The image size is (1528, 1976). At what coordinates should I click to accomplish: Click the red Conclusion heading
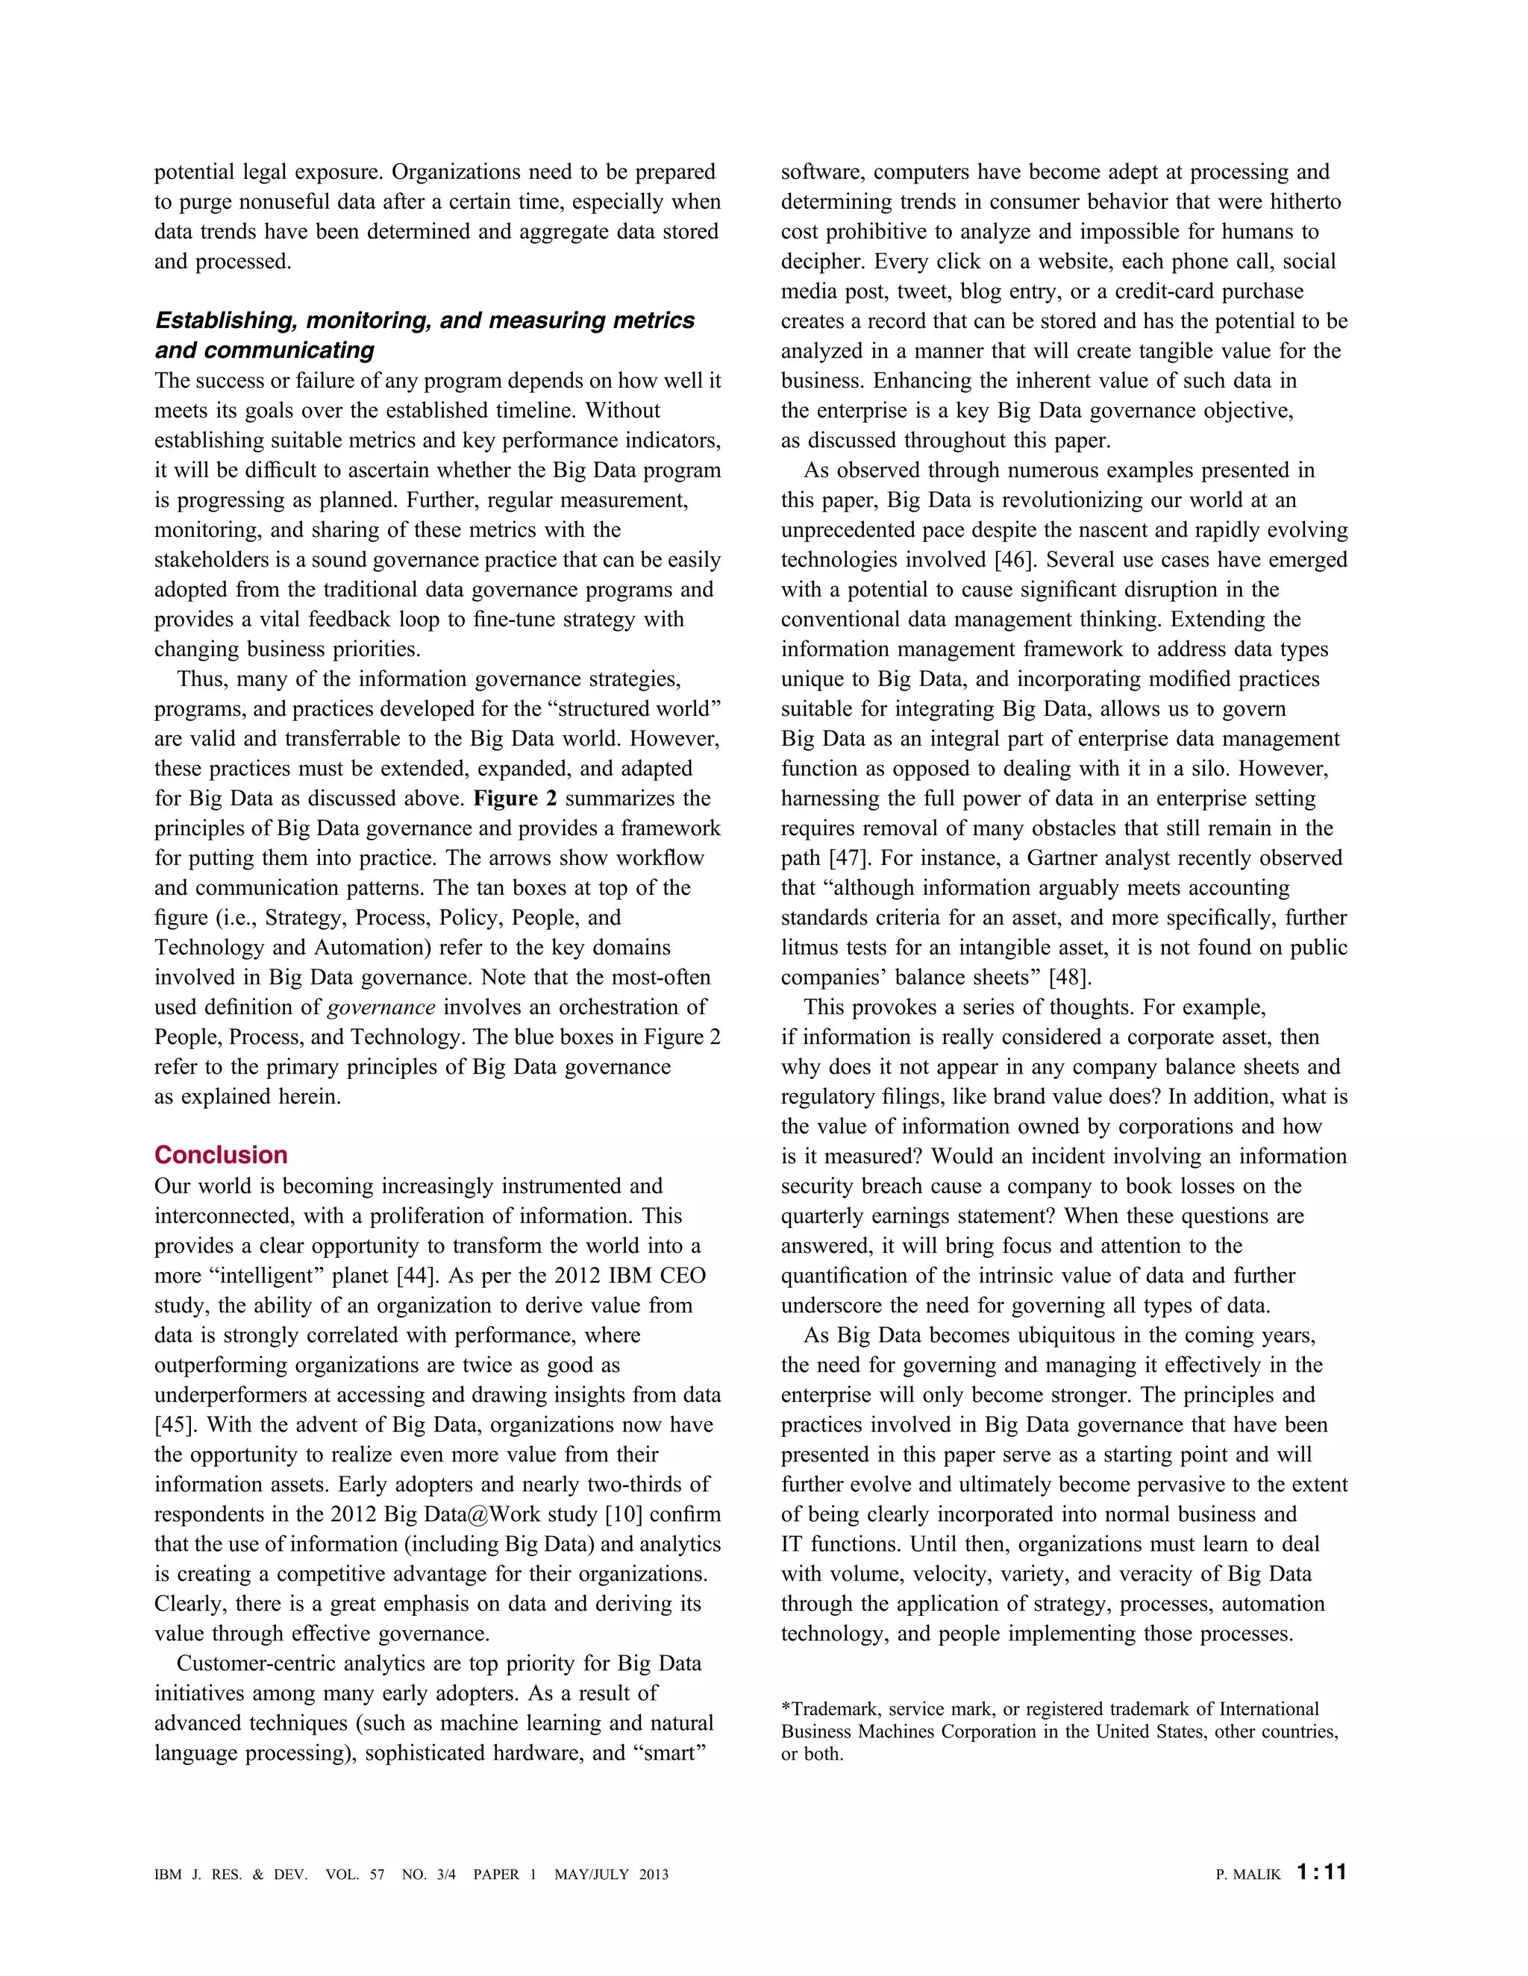point(221,1155)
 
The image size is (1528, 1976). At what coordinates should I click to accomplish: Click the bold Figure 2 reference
point(515,799)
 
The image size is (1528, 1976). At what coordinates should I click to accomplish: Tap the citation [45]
point(173,1425)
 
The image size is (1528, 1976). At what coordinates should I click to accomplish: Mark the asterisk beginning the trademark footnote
point(786,1708)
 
